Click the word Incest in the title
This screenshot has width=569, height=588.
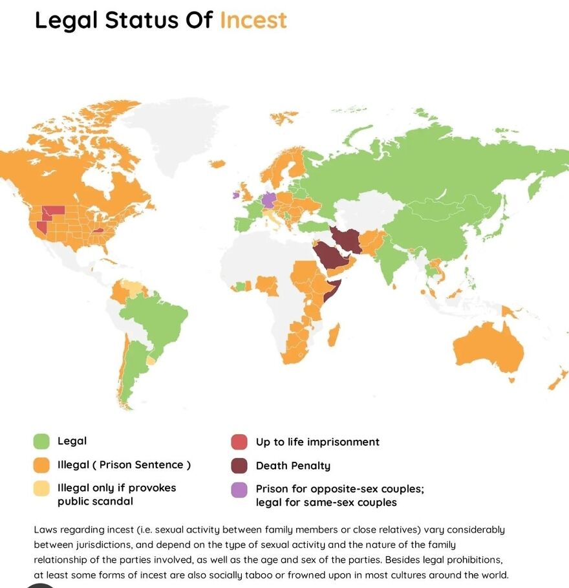[253, 20]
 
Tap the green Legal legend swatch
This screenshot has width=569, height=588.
[41, 442]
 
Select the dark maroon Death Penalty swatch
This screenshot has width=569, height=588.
[239, 466]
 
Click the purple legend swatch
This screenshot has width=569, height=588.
[239, 490]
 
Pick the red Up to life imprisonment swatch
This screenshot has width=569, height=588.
[239, 442]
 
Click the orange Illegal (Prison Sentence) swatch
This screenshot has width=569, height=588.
[41, 465]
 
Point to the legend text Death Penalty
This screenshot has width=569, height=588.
[293, 466]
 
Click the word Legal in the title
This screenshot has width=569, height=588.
[65, 20]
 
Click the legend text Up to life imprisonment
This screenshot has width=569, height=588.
[317, 442]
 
